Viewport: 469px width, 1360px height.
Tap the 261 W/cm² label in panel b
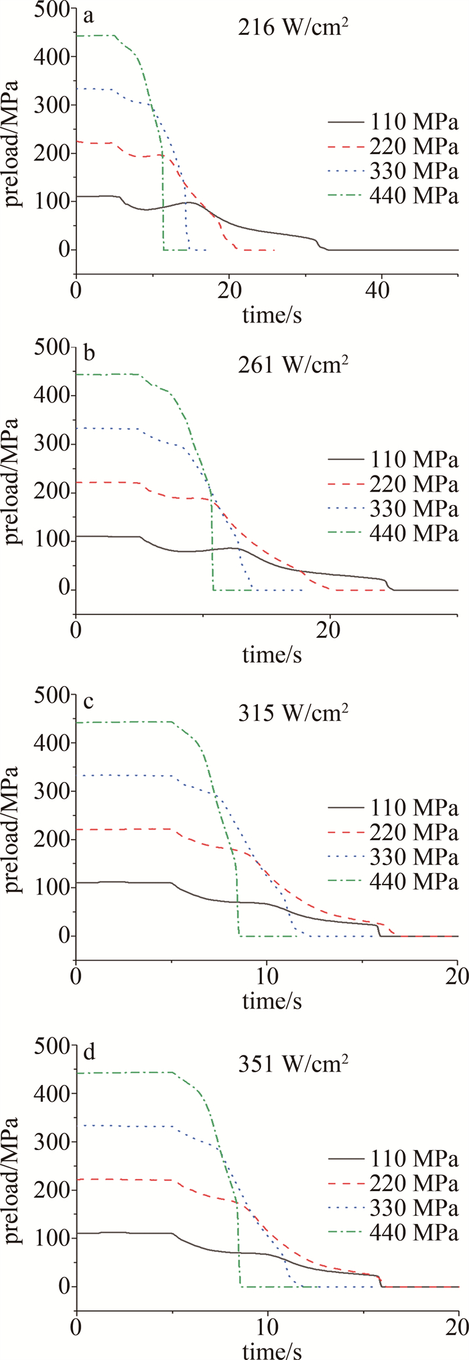[x=293, y=366]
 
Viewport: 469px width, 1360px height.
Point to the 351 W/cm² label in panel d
[x=293, y=1064]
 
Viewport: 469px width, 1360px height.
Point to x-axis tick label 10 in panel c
[x=267, y=982]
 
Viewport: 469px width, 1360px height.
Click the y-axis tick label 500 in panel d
[x=54, y=1044]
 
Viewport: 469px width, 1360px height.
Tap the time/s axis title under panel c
[x=272, y=1002]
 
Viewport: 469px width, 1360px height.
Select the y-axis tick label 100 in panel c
[x=54, y=888]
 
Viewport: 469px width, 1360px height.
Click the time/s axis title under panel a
[x=272, y=315]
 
